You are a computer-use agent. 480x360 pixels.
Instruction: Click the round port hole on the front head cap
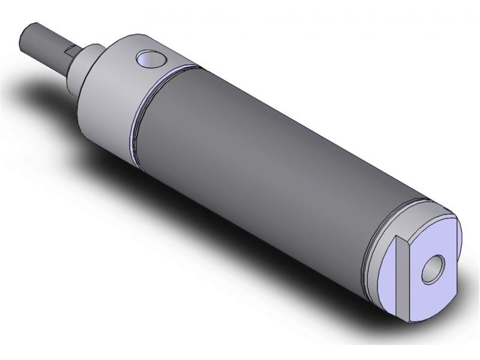point(151,59)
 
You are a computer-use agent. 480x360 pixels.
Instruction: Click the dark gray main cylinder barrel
point(258,150)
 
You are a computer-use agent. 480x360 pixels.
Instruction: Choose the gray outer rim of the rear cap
point(384,282)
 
